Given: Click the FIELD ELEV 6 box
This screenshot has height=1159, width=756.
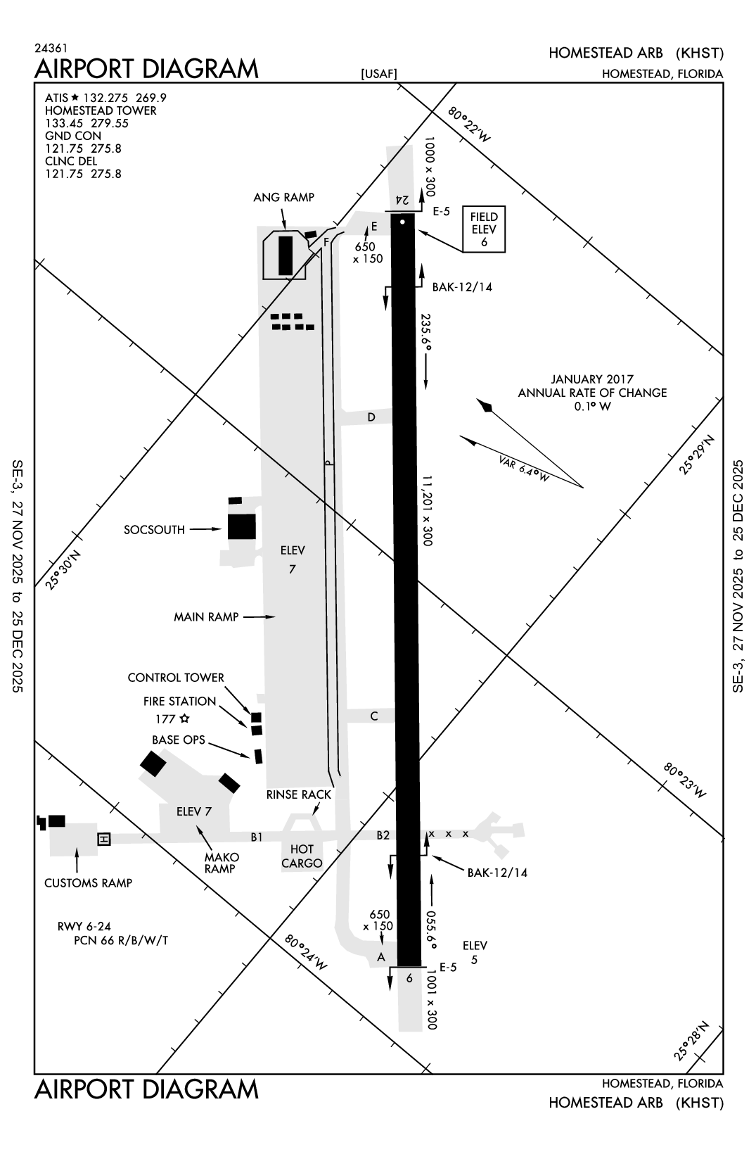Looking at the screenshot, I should click(484, 229).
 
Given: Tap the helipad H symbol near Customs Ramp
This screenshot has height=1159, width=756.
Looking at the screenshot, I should click(104, 839).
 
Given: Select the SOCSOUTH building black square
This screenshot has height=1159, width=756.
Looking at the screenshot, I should click(241, 526).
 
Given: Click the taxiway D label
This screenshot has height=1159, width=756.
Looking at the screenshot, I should click(371, 417).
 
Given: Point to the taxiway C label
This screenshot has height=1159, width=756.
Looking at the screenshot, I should click(374, 716).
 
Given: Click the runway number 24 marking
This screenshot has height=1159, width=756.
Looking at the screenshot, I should click(402, 199).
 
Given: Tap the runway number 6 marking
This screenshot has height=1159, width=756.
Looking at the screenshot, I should click(409, 977).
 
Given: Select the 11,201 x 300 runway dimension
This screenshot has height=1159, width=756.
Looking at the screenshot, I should click(426, 509).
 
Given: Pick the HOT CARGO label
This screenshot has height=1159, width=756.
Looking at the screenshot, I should click(302, 856).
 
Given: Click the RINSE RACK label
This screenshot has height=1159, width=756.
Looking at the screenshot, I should click(298, 794).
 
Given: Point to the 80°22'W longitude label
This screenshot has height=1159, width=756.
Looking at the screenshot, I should click(469, 125).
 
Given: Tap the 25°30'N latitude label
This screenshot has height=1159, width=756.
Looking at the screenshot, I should click(64, 569).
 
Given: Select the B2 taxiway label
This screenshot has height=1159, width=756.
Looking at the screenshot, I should click(383, 835).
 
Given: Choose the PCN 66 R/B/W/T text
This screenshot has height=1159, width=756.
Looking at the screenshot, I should click(121, 940).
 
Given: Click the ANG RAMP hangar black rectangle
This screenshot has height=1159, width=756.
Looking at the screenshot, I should click(285, 255).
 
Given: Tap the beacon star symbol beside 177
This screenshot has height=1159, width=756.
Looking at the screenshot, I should click(184, 718).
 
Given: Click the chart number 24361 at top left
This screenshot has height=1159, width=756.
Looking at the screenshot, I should click(51, 49).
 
